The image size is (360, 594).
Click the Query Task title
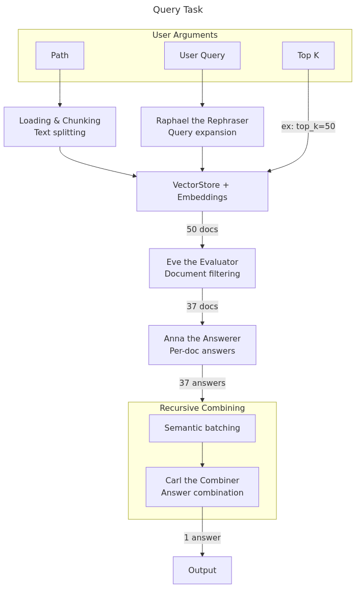[x=177, y=10]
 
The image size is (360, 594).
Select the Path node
[x=60, y=56]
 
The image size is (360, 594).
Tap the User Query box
[x=202, y=56]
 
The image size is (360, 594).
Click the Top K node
[x=308, y=56]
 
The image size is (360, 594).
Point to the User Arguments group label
[x=185, y=35]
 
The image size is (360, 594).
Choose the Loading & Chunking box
[x=60, y=127]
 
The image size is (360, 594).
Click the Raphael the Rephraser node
[x=202, y=127]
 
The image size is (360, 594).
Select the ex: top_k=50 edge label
[x=308, y=126]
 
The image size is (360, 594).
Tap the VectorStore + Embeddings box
[x=202, y=191]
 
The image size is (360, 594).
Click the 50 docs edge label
[x=202, y=230]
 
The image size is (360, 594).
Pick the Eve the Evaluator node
[x=202, y=268]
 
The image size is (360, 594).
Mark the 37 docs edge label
[x=202, y=307]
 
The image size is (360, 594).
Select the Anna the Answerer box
[x=202, y=345]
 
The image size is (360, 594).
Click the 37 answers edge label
[x=202, y=383]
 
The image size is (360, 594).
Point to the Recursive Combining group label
[x=202, y=408]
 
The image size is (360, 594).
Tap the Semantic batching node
[x=202, y=428]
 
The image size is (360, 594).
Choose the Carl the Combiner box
[x=202, y=487]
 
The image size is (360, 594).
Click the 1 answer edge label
[x=202, y=538]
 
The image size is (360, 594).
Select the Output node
[x=202, y=570]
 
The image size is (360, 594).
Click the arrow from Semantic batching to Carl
[x=202, y=454]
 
